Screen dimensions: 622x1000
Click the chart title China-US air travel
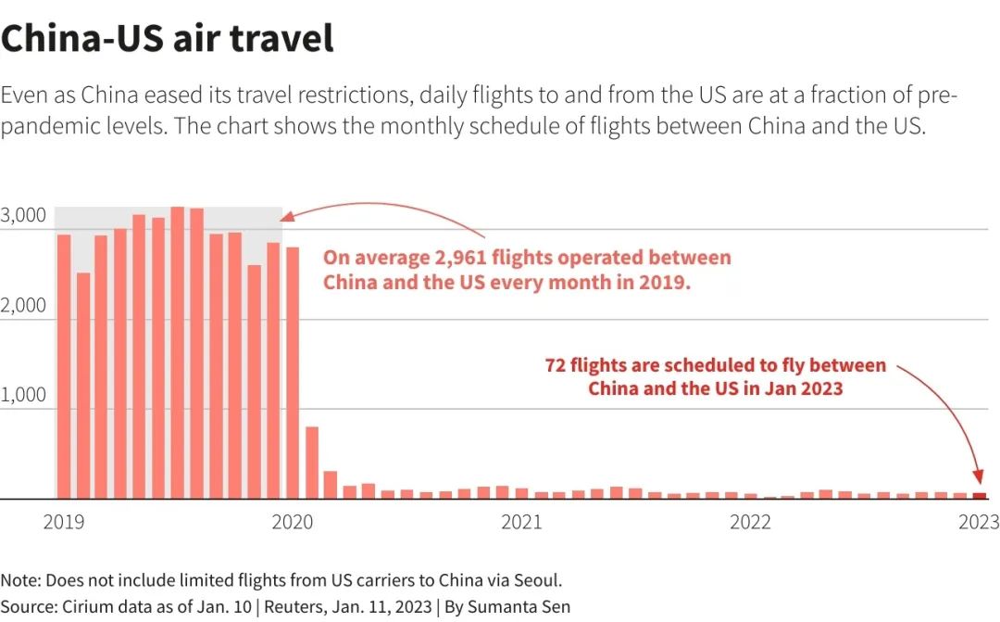[167, 39]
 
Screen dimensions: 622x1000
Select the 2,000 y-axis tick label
[23, 306]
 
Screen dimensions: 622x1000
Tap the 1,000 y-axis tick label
[23, 396]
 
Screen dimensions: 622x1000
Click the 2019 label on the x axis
[63, 523]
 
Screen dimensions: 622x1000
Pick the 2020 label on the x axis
[293, 523]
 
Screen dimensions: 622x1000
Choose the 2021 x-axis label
[521, 523]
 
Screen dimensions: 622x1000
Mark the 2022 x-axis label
[750, 523]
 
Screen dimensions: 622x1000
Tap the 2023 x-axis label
[978, 523]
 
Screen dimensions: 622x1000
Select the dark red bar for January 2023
[980, 496]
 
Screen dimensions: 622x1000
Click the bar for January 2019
[64, 366]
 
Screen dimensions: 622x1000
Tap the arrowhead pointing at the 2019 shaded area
[287, 217]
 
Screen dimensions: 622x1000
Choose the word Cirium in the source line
[88, 607]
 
